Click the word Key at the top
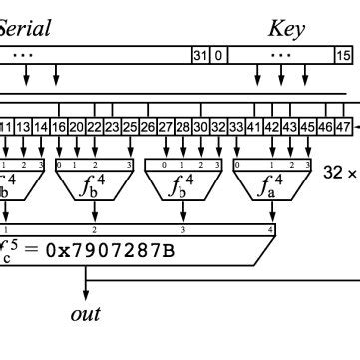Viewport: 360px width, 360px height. coord(286,28)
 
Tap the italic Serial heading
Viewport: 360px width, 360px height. coord(24,28)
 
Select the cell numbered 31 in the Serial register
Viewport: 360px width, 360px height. coord(199,55)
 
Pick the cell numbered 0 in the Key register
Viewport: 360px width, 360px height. coord(219,55)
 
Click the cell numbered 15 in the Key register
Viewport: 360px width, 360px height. coord(344,55)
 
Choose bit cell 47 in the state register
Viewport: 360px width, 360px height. coord(341,127)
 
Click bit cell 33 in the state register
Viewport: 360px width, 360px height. coord(236,127)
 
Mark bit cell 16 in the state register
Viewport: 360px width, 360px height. coord(59,127)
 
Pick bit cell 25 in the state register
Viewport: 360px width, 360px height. coord(130,127)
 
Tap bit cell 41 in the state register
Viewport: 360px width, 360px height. coord(253,127)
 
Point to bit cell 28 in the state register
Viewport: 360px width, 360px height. coord(182,127)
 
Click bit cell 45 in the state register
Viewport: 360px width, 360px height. coord(307,127)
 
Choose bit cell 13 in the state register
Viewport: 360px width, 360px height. coord(23,127)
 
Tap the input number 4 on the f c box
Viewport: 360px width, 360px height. coord(271,230)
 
